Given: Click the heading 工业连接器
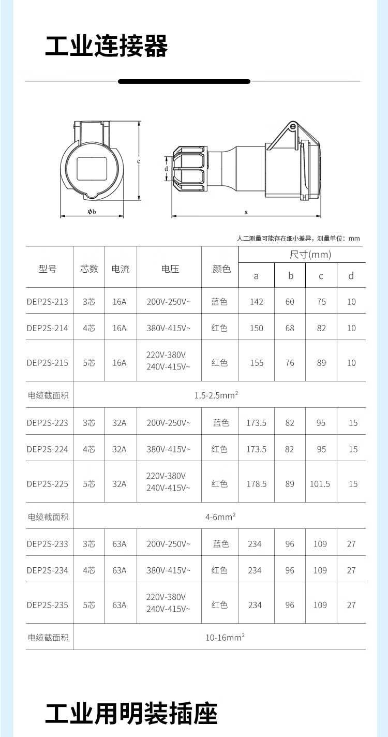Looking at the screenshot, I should click(107, 47).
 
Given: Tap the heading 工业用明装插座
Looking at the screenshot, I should click(131, 714).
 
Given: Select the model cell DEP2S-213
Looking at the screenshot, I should click(48, 302).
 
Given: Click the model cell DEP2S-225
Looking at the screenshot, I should click(48, 484).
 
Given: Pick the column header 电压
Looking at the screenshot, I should click(170, 269).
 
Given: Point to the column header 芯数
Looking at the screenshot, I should click(89, 269).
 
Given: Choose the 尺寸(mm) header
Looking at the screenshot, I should click(310, 255).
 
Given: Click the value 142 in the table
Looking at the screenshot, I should click(257, 302).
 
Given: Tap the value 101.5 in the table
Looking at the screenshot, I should click(320, 484).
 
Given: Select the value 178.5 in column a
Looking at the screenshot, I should click(257, 484).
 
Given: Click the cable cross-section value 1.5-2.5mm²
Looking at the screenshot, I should click(216, 395).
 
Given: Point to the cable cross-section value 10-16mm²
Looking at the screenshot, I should click(225, 638).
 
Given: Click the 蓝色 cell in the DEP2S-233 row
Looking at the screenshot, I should click(219, 544).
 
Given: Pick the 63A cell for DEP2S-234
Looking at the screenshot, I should click(120, 570).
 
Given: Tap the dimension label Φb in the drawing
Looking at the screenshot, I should click(92, 211).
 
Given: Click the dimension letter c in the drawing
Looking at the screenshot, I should click(139, 161).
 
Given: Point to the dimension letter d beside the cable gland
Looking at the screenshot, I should click(166, 169).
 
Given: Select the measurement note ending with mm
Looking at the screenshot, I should click(298, 239).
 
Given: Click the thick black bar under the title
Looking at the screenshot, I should click(184, 81).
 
